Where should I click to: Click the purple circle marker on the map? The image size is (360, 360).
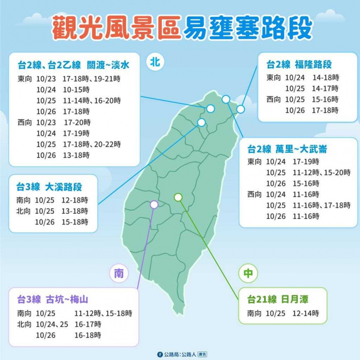tap(154, 204)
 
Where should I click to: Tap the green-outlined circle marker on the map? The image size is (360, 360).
tap(178, 197)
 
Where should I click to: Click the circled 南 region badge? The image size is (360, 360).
tap(119, 274)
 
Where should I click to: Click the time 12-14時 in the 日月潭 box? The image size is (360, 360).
tap(306, 314)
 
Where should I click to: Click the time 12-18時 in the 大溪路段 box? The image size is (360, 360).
tap(75, 200)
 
